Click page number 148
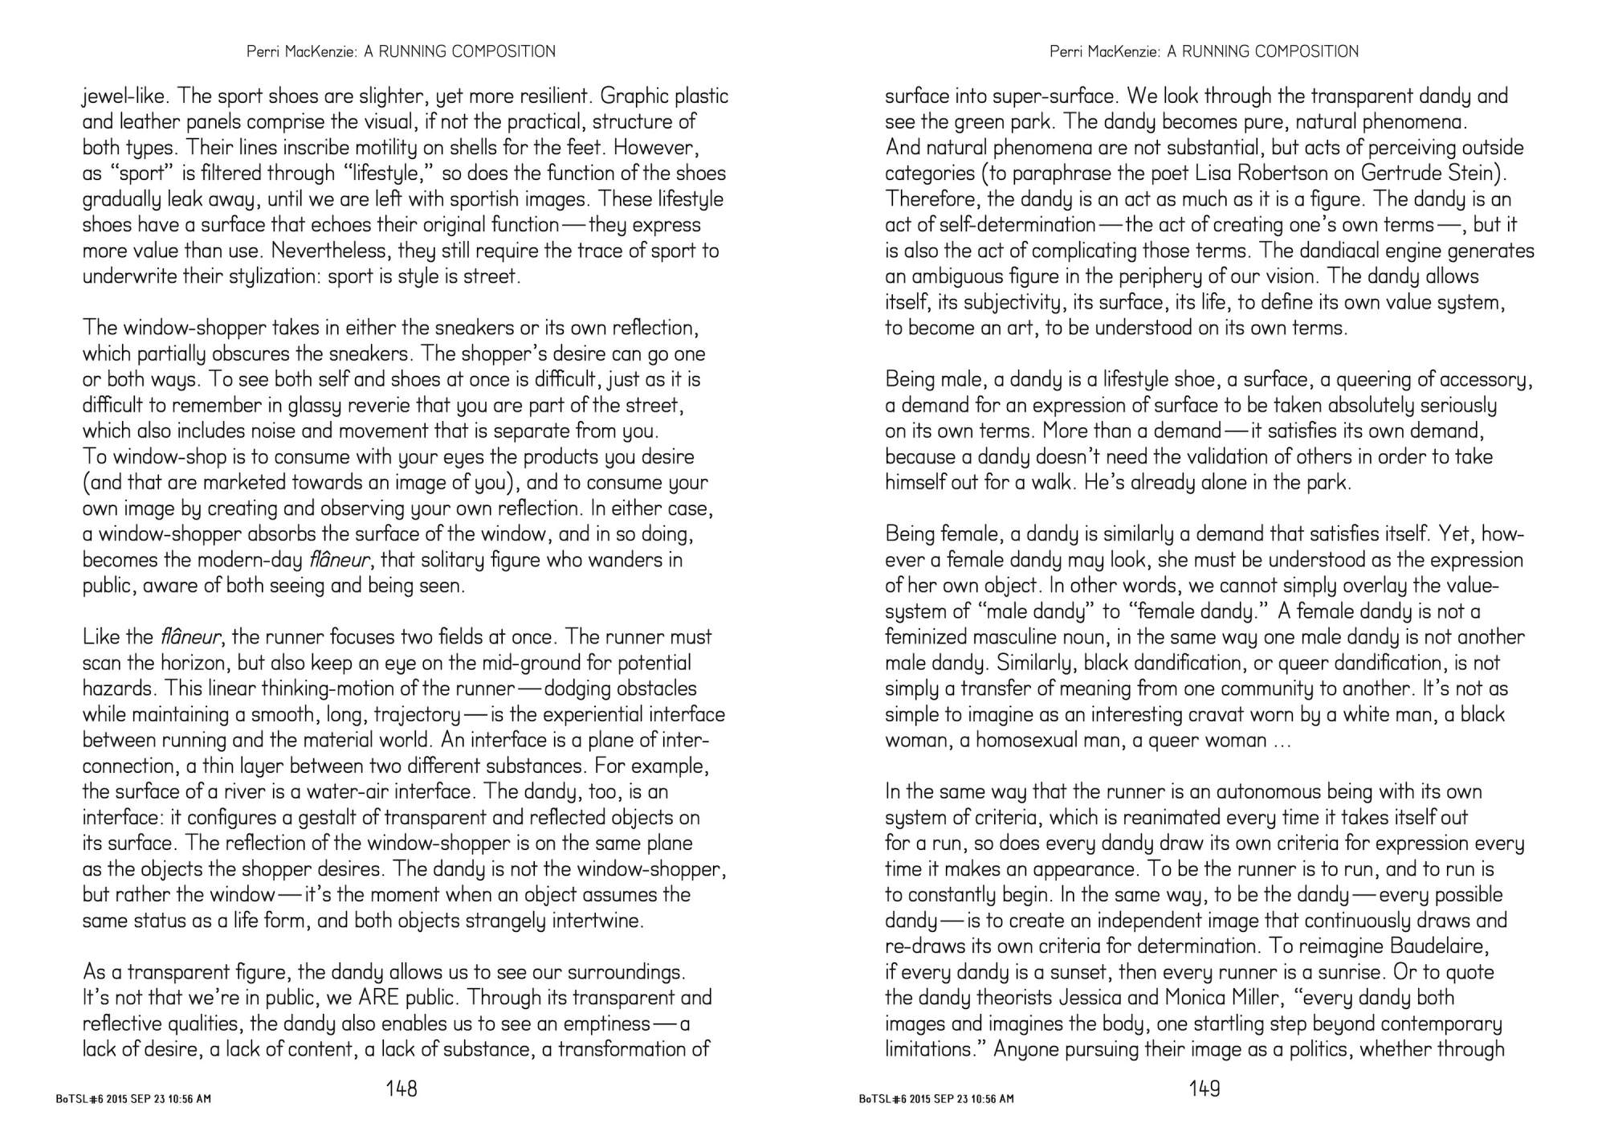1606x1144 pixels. point(401,1089)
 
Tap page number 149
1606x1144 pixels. point(1204,1089)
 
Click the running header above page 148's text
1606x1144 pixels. point(401,51)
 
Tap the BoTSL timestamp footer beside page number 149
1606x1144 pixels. point(936,1099)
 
